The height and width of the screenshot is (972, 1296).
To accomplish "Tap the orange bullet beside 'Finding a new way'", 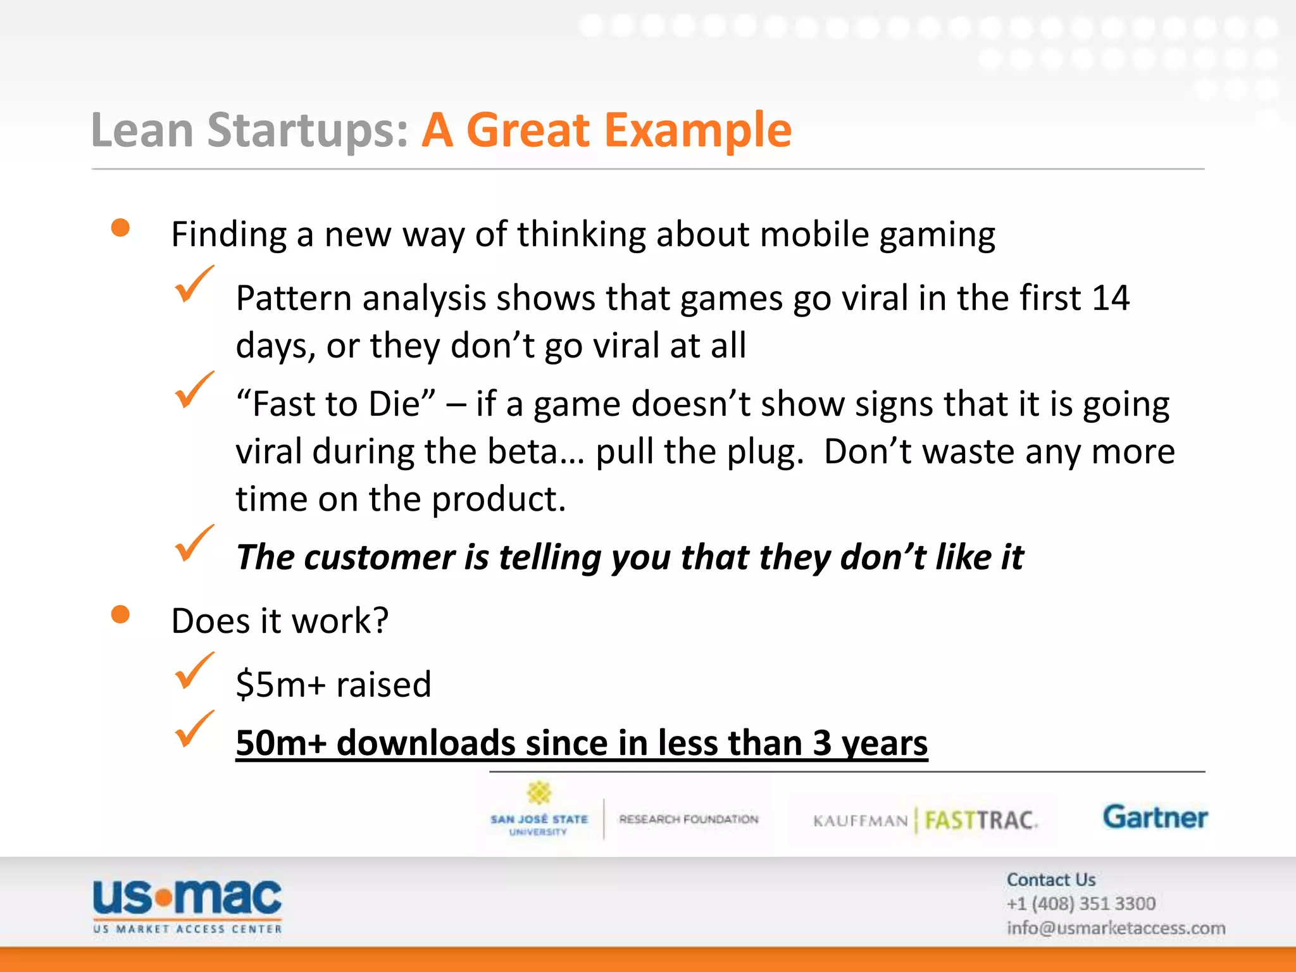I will [120, 228].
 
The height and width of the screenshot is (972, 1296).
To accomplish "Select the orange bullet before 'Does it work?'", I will [120, 614].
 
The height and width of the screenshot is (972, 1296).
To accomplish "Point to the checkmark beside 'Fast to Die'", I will [193, 390].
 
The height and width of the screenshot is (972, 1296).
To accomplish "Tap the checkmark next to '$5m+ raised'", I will [193, 671].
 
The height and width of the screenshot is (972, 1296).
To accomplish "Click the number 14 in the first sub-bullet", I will [1110, 298].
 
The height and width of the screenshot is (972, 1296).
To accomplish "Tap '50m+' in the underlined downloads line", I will [280, 743].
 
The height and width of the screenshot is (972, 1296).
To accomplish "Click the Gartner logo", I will [1155, 818].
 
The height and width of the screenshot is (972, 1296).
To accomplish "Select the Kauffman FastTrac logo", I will [924, 821].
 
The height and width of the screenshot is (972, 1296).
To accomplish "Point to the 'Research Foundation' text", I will [688, 819].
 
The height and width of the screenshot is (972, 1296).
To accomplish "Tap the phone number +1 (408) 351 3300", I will [1081, 904].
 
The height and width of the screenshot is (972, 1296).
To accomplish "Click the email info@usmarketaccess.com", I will [1116, 928].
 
